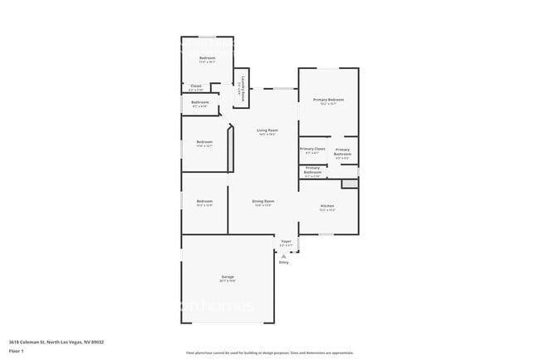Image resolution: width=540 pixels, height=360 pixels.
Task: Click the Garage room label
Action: tap(227, 276)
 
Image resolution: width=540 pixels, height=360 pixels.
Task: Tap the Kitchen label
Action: tap(327, 205)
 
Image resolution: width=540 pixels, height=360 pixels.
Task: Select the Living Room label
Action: tap(267, 131)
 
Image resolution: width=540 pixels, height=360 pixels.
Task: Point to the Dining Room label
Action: tap(263, 200)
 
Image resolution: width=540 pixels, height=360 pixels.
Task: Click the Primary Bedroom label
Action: tap(328, 100)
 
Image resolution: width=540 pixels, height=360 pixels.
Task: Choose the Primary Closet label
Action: tap(312, 149)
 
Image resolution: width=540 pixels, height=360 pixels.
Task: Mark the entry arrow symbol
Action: tap(284, 256)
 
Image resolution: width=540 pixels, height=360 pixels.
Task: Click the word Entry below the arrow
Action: tap(284, 263)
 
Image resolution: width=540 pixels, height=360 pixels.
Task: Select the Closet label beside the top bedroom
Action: tap(196, 86)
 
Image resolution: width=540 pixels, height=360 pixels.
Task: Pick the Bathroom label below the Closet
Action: tap(200, 102)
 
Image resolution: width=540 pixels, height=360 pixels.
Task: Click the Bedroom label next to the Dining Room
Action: tap(204, 200)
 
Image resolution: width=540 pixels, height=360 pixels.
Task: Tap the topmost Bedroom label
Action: tap(207, 57)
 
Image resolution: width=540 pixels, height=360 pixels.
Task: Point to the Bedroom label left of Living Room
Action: tap(204, 141)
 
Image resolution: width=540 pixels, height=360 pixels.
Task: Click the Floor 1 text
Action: tap(17, 351)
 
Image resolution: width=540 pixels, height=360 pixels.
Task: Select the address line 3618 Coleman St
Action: tap(56, 341)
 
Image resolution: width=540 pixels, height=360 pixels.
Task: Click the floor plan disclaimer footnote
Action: tap(269, 353)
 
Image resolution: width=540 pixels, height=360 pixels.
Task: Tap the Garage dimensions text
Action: tap(227, 281)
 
